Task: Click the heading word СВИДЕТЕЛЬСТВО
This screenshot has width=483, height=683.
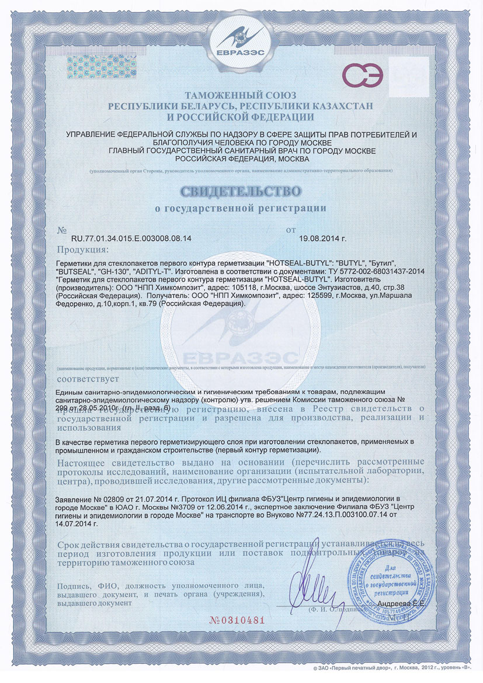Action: click(241, 190)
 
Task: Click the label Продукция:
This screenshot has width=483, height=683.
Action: click(81, 251)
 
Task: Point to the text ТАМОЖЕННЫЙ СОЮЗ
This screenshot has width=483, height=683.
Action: click(241, 95)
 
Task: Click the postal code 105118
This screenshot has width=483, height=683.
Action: click(202, 288)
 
